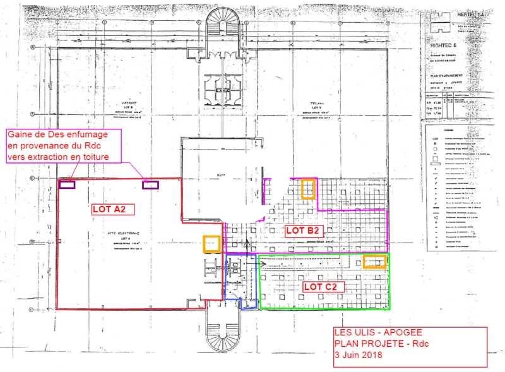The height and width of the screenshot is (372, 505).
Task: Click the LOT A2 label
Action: point(112,207)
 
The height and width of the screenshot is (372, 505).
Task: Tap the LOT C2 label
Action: point(323,286)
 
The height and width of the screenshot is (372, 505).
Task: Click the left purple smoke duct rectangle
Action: point(67,184)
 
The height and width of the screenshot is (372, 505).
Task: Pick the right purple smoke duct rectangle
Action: point(150,184)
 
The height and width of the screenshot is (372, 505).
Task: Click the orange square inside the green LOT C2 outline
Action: point(375,262)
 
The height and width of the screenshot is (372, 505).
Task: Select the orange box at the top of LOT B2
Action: point(308,189)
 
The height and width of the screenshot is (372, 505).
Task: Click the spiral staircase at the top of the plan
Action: point(223,25)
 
